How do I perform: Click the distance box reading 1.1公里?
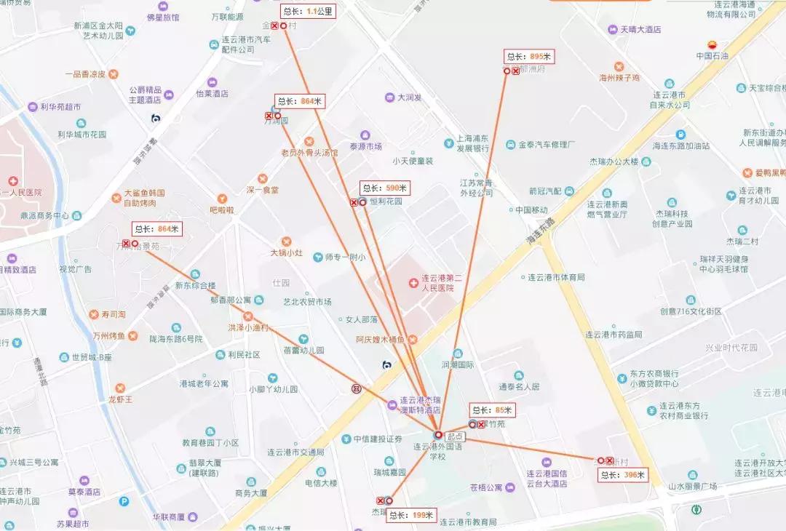click(x=307, y=11)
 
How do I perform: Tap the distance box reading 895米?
click(x=529, y=57)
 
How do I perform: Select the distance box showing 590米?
click(x=384, y=188)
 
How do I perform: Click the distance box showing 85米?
click(x=492, y=410)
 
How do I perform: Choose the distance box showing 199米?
click(x=410, y=516)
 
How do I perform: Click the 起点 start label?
click(x=455, y=435)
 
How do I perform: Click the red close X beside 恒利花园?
click(x=354, y=203)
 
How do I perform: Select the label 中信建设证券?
click(x=378, y=439)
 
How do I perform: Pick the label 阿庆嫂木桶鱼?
click(x=381, y=340)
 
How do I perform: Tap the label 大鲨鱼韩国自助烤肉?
click(x=143, y=198)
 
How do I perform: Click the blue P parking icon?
click(x=124, y=500)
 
